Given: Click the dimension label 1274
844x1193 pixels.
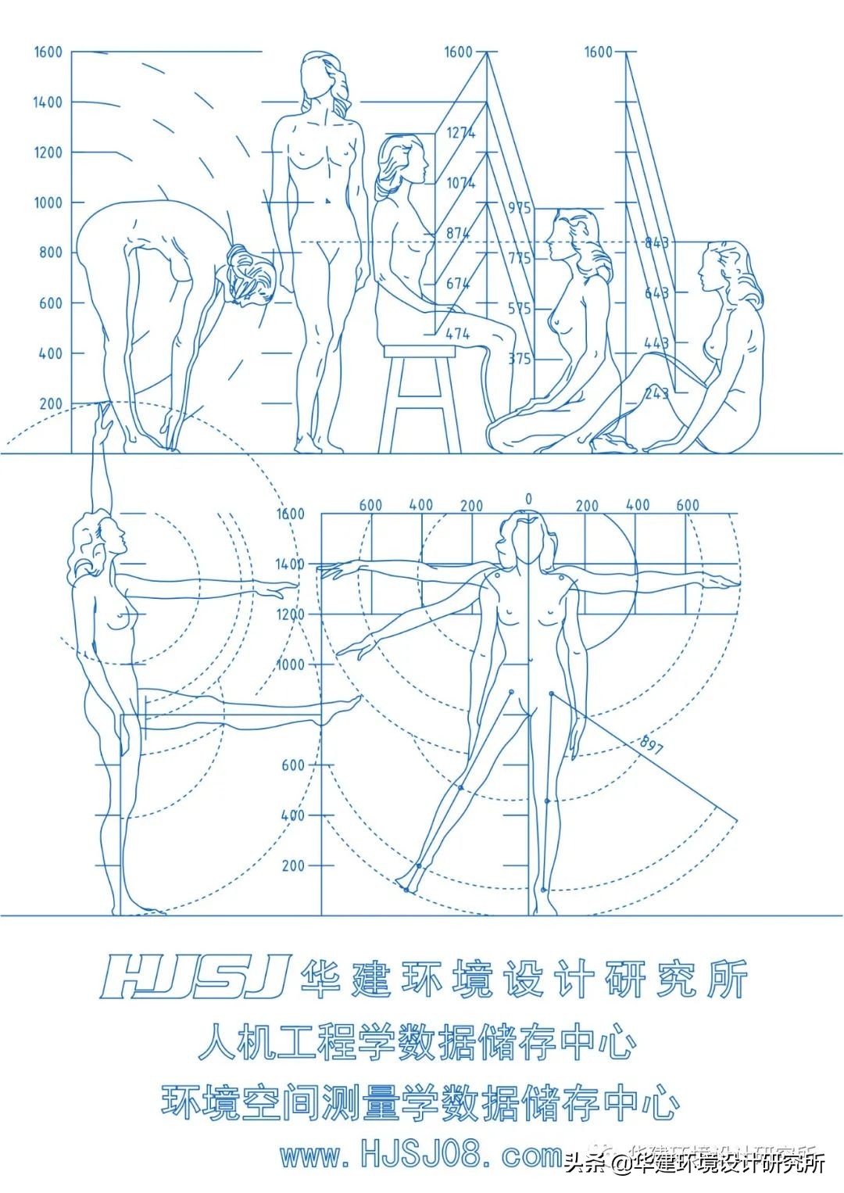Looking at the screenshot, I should [460, 133].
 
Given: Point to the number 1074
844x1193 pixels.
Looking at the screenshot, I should [460, 183].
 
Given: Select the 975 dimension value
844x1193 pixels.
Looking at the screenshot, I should [519, 208].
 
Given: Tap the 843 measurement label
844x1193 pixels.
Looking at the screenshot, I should [656, 242].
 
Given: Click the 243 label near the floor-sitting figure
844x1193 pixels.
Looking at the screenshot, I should [656, 392].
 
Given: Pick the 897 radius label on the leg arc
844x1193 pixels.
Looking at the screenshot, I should [651, 745].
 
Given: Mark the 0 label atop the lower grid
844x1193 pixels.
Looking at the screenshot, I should [529, 500].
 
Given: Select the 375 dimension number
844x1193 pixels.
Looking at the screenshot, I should [519, 359].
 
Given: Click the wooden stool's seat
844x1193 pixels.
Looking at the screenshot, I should [419, 351].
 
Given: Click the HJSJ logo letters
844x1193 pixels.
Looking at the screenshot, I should [195, 977].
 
